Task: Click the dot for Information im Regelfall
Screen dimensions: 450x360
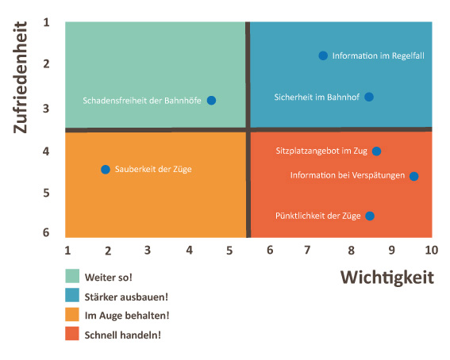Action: point(323,56)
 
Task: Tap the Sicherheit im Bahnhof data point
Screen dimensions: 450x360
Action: point(369,98)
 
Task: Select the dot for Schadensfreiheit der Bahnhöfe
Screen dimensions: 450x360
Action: point(212,101)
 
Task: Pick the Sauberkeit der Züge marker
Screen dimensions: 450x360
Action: point(106,170)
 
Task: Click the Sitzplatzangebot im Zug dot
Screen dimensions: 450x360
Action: point(376,151)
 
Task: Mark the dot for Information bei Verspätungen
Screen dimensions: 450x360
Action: point(413,176)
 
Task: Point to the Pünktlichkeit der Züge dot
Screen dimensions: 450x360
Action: point(370,216)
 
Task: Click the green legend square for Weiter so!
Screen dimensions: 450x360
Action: point(72,276)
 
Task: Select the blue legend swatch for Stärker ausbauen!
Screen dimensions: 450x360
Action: point(72,295)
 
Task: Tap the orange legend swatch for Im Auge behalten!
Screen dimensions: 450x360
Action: point(72,315)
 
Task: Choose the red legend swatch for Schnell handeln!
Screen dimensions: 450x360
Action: point(72,334)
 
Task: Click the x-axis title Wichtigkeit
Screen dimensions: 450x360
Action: point(387,278)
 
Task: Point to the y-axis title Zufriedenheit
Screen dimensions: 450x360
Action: point(21,78)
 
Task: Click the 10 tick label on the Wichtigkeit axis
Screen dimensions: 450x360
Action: point(431,251)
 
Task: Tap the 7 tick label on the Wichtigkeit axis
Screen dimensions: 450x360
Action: point(307,251)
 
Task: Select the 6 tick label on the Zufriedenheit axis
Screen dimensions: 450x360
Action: point(46,232)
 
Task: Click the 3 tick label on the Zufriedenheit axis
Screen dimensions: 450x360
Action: point(46,109)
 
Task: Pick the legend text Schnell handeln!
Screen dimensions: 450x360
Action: point(123,335)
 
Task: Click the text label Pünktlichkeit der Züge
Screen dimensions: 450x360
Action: point(318,216)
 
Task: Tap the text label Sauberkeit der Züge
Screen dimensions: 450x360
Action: point(153,169)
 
